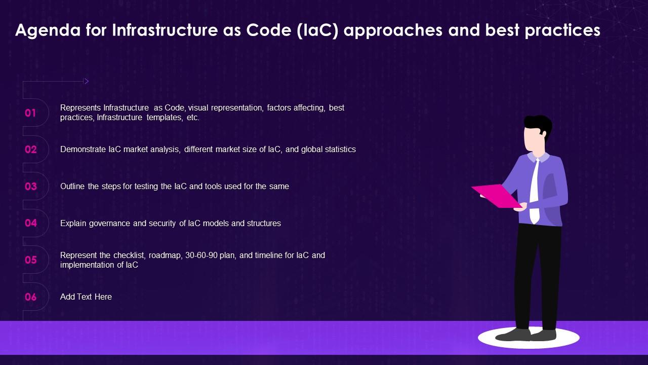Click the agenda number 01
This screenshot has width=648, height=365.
pyautogui.click(x=31, y=113)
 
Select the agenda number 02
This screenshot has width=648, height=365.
pyautogui.click(x=31, y=150)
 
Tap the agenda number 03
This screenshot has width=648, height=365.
pyautogui.click(x=31, y=187)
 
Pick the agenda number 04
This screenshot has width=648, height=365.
pyautogui.click(x=31, y=223)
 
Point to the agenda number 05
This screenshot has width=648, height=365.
pyautogui.click(x=31, y=260)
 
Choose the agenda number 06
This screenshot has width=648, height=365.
pyautogui.click(x=31, y=297)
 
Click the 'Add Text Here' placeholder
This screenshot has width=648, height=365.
pyautogui.click(x=86, y=297)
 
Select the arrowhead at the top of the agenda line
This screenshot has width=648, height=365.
pyautogui.click(x=86, y=81)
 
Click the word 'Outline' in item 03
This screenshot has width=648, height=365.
pyautogui.click(x=73, y=187)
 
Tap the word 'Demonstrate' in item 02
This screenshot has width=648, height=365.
pyautogui.click(x=83, y=150)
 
